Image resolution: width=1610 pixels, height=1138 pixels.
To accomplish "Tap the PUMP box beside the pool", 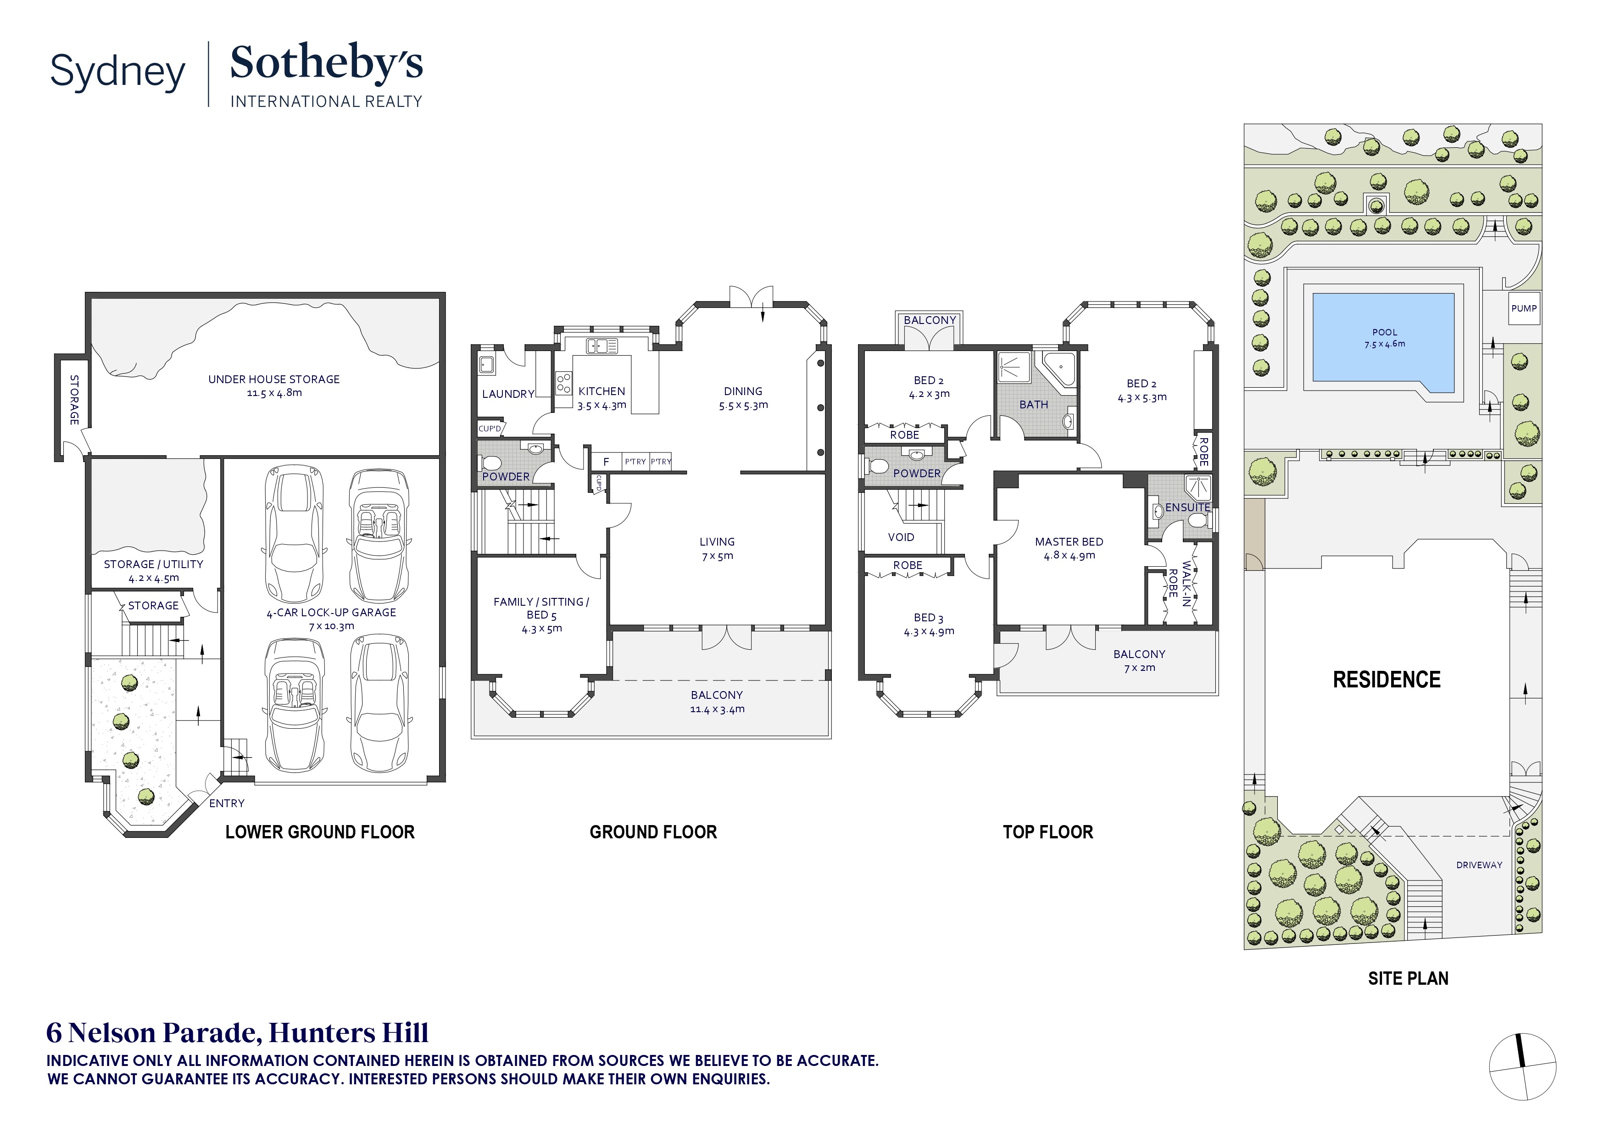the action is coord(1524,308).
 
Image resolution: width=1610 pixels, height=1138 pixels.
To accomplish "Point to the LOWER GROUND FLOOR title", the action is coord(320,832).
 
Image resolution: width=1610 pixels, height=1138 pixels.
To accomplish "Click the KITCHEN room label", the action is coord(602,391).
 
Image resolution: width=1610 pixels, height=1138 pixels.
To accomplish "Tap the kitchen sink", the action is coord(602,346).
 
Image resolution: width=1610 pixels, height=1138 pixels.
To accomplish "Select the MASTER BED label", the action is coord(1069,542).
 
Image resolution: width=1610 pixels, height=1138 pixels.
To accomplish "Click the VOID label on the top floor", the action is coord(901,537).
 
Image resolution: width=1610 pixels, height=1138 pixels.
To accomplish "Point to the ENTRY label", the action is coord(227,803).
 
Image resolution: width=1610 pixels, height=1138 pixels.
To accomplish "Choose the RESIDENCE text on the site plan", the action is coord(1386,680).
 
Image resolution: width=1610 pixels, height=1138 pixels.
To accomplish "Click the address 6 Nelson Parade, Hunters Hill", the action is coord(237,1033).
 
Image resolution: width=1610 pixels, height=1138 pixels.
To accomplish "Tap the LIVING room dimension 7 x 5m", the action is coord(717,556).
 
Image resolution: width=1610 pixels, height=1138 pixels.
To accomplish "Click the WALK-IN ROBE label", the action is coord(1179,583).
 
